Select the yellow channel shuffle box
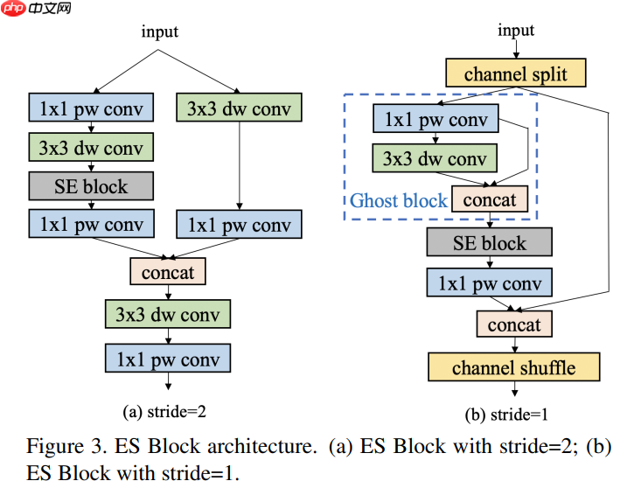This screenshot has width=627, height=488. (x=514, y=367)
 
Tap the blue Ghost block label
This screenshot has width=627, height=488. (x=399, y=201)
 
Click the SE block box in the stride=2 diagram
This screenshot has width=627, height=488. (x=91, y=186)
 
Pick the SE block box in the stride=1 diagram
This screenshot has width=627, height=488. (x=490, y=242)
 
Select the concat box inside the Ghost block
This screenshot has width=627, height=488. (x=489, y=200)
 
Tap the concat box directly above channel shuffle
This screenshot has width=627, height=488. (x=514, y=324)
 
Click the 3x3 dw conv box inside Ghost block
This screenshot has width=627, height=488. (x=435, y=159)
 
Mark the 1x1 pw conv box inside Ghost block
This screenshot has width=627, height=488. (x=435, y=119)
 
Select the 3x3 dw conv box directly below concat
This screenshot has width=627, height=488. (x=167, y=314)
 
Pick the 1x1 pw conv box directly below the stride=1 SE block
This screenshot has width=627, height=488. (x=490, y=282)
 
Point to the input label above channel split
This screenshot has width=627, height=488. (x=516, y=31)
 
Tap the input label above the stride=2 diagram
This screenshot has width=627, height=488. (x=160, y=32)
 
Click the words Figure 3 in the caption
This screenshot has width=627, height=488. (x=57, y=447)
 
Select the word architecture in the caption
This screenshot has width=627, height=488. (x=268, y=447)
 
